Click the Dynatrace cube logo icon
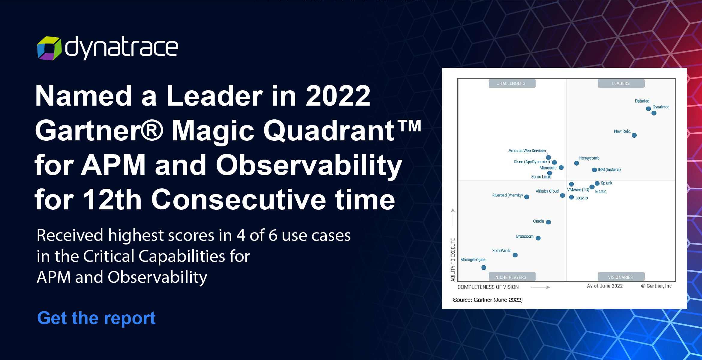pyautogui.click(x=49, y=48)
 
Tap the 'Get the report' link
pyautogui.click(x=96, y=318)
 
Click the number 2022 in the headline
pyautogui.click(x=338, y=96)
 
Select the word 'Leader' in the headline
pyautogui.click(x=214, y=96)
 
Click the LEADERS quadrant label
pyautogui.click(x=621, y=83)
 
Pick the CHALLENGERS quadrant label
pyautogui.click(x=511, y=83)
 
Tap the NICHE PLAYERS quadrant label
pyautogui.click(x=511, y=277)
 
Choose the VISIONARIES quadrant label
pyautogui.click(x=620, y=277)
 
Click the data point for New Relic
pyautogui.click(x=634, y=135)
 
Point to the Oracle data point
pyautogui.click(x=548, y=222)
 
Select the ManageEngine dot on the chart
pyautogui.click(x=484, y=267)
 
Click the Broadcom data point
pyautogui.click(x=538, y=238)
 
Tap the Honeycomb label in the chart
pyautogui.click(x=589, y=158)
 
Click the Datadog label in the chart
pyautogui.click(x=642, y=101)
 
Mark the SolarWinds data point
pyautogui.click(x=515, y=255)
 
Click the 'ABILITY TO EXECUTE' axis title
pyautogui.click(x=453, y=260)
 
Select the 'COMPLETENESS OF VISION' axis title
pyautogui.click(x=488, y=287)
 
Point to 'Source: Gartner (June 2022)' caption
pyautogui.click(x=488, y=300)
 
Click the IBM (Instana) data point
pyautogui.click(x=594, y=170)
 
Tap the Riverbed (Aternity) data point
pyautogui.click(x=526, y=197)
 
